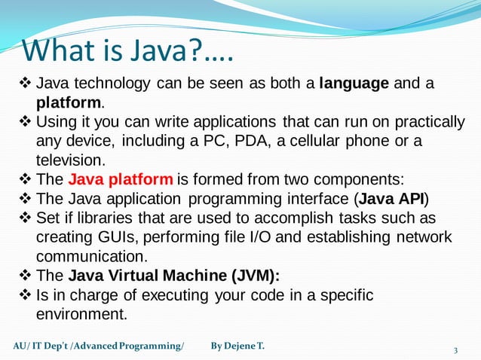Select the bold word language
pos(354,84)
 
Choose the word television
pos(70,160)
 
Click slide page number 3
pos(455,351)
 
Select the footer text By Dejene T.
pos(237,346)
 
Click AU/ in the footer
pos(23,346)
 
